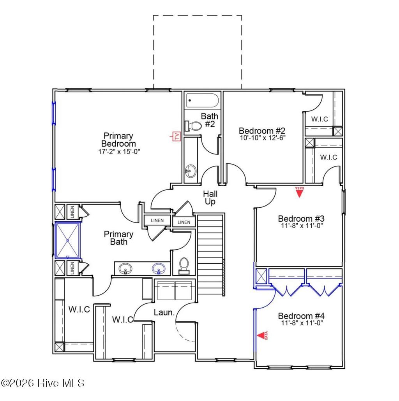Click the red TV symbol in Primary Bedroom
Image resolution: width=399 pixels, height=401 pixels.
point(176,136)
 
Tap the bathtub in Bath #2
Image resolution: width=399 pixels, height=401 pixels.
point(202,101)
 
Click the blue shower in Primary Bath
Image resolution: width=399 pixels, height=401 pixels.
point(68,240)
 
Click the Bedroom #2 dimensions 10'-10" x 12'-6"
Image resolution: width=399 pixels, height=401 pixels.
point(263,138)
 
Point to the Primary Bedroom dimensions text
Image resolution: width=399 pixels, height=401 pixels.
point(118,151)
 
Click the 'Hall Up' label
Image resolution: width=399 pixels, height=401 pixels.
point(210,198)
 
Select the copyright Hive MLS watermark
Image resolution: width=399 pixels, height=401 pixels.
point(43,383)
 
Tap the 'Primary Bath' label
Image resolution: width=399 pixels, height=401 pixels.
point(118,238)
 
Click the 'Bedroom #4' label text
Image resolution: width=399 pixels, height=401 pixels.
point(301,316)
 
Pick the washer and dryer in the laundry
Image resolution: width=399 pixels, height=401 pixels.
point(174,290)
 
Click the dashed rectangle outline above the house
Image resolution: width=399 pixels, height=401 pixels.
point(197,16)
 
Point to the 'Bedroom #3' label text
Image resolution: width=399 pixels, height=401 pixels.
point(301,219)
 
